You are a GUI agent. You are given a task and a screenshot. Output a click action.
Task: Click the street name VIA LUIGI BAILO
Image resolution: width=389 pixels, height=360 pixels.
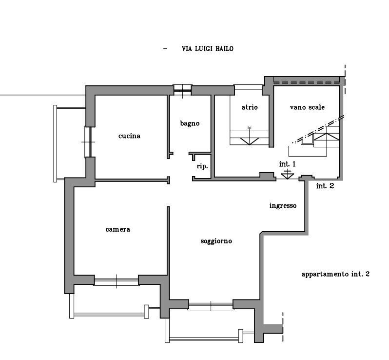pyautogui.click(x=207, y=49)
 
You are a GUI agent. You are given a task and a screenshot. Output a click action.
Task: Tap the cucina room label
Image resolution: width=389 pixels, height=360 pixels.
pyautogui.click(x=129, y=136)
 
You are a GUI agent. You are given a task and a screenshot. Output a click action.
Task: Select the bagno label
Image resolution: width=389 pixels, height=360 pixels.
pyautogui.click(x=190, y=123)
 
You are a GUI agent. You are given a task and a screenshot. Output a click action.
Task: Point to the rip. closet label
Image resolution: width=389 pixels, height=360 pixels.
pyautogui.click(x=202, y=166)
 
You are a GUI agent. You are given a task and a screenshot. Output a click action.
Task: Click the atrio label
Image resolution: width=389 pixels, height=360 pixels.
pyautogui.click(x=250, y=107)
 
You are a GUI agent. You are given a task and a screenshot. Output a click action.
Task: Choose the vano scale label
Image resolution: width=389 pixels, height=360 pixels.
pyautogui.click(x=307, y=107)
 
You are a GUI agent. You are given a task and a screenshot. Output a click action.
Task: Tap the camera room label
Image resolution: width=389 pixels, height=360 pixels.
pyautogui.click(x=118, y=229)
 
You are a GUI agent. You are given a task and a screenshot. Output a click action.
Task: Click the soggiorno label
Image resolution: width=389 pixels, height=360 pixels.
pyautogui.click(x=216, y=241)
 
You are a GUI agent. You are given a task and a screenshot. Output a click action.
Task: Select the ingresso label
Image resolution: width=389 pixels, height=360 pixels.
pyautogui.click(x=283, y=205)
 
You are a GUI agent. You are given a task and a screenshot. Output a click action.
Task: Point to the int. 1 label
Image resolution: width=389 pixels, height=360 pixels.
pyautogui.click(x=287, y=164)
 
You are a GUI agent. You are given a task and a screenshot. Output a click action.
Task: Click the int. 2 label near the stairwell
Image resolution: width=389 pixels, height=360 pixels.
pyautogui.click(x=325, y=186)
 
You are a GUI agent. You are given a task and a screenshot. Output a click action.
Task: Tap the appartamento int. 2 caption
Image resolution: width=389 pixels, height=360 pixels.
pyautogui.click(x=335, y=274)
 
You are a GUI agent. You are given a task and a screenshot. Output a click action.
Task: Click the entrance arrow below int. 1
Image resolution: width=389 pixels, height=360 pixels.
pyautogui.click(x=287, y=174)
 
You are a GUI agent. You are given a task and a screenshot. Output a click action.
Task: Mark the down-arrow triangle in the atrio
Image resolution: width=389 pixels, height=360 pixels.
pyautogui.click(x=249, y=141)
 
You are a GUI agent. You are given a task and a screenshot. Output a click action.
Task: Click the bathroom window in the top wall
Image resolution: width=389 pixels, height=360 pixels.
pyautogui.click(x=182, y=90)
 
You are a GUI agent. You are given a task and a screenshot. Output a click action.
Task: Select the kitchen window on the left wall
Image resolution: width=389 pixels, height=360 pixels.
pyautogui.click(x=89, y=142)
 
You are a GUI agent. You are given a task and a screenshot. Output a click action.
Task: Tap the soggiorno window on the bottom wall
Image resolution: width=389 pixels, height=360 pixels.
pyautogui.click(x=211, y=306)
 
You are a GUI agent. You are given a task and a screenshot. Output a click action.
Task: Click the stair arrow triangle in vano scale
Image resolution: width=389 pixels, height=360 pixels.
pyautogui.click(x=327, y=137)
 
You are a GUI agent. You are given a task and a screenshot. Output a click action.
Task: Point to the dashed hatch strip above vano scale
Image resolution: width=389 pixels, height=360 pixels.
pyautogui.click(x=307, y=81)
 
